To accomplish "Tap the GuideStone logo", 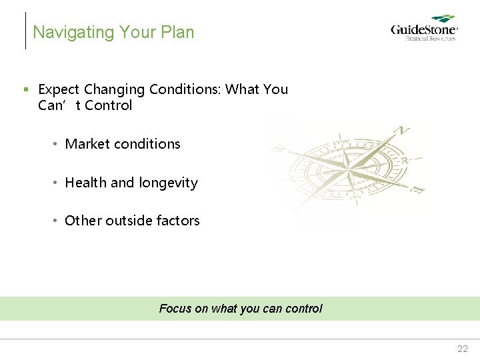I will click(x=423, y=30).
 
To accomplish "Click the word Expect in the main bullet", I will click(x=59, y=89).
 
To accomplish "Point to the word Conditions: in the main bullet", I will click(x=186, y=89).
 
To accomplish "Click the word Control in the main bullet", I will click(x=109, y=105).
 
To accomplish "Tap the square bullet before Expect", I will click(x=25, y=89).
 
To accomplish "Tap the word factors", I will click(x=179, y=221).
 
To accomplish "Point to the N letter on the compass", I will click(x=401, y=130).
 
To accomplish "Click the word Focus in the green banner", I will click(x=175, y=309).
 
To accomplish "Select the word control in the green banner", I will click(x=303, y=309).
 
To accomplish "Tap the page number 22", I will click(x=463, y=349).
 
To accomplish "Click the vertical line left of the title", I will click(x=25, y=31).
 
